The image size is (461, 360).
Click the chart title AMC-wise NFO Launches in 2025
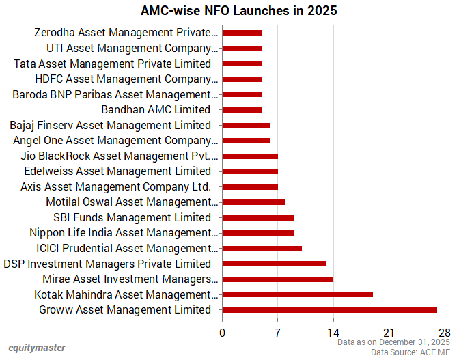pyautogui.click(x=229, y=11)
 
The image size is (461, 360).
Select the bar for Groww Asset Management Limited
pyautogui.click(x=329, y=310)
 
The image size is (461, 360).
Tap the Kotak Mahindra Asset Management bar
pyautogui.click(x=297, y=294)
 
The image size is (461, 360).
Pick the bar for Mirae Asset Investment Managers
pyautogui.click(x=277, y=279)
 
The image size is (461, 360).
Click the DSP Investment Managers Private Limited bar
pyautogui.click(x=273, y=264)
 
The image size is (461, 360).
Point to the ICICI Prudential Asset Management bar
pyautogui.click(x=262, y=248)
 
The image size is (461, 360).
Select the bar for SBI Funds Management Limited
pyautogui.click(x=257, y=217)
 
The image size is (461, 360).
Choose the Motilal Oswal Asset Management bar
pyautogui.click(x=253, y=202)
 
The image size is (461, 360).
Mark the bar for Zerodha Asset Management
pyautogui.click(x=242, y=32)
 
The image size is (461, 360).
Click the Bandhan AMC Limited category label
pyautogui.click(x=156, y=109)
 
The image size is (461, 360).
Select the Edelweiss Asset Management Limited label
pyautogui.click(x=117, y=171)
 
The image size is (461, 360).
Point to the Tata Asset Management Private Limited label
pyautogui.click(x=113, y=64)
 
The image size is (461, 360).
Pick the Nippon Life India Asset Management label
pyautogui.click(x=124, y=233)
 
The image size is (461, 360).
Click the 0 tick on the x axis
pyautogui.click(x=222, y=333)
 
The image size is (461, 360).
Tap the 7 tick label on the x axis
pyautogui.click(x=277, y=333)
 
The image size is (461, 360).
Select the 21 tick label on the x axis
pyautogui.click(x=389, y=333)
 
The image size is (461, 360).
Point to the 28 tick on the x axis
pyautogui.click(x=445, y=333)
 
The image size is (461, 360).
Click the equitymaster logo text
pyautogui.click(x=38, y=348)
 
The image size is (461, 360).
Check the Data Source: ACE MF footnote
pyautogui.click(x=410, y=352)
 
